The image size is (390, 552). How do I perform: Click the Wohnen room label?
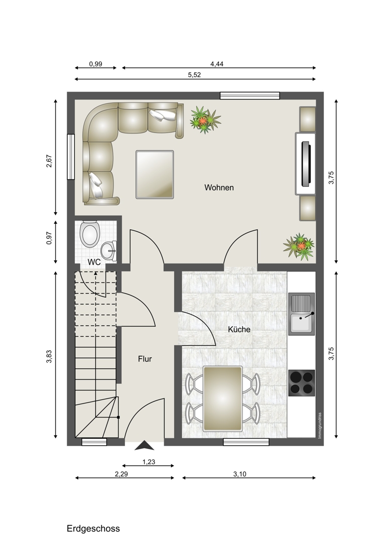click(219, 188)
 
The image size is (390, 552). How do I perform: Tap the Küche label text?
click(239, 330)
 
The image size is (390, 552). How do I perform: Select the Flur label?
click(145, 359)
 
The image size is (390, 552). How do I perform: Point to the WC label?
click(94, 262)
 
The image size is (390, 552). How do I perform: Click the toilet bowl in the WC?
click(90, 234)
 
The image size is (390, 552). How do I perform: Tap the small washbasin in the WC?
click(109, 250)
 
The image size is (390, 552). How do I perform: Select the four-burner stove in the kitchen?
click(302, 383)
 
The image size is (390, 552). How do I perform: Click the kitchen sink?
click(302, 313)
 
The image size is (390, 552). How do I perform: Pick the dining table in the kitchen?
click(223, 398)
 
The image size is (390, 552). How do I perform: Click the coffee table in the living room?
click(155, 175)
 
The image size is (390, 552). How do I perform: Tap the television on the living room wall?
click(306, 164)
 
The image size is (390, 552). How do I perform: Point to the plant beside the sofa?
click(205, 120)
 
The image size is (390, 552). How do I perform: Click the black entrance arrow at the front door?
click(145, 446)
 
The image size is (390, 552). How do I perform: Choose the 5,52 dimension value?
click(194, 75)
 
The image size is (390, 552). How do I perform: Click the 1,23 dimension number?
click(149, 462)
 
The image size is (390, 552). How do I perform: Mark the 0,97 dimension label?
click(49, 238)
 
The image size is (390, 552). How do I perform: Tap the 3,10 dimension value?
click(240, 474)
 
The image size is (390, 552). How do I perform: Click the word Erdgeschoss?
click(93, 529)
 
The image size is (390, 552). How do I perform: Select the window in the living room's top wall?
click(250, 95)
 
